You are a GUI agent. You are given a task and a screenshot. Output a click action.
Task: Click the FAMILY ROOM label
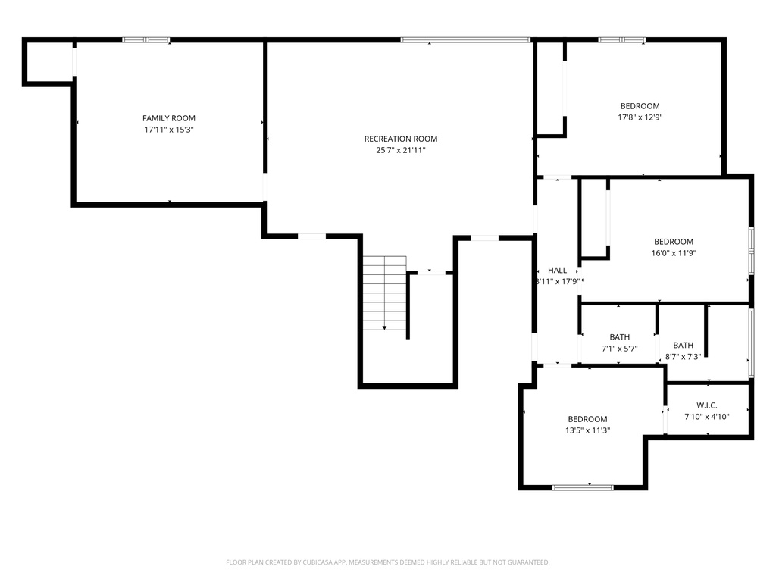169,118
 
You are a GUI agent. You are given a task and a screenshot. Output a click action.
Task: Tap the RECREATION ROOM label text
401,139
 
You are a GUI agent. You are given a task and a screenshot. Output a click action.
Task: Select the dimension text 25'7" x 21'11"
401,151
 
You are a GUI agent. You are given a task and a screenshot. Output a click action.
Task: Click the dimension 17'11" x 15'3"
169,130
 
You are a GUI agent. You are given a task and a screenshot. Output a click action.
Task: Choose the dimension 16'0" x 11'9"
674,253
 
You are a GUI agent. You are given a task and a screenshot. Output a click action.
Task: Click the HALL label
557,271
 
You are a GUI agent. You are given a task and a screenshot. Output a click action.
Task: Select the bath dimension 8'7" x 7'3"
683,357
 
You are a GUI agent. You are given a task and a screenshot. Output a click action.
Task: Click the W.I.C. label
707,405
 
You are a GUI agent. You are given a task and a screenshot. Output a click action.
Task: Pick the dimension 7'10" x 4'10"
707,417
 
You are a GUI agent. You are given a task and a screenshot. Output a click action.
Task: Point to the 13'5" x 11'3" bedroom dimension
587,430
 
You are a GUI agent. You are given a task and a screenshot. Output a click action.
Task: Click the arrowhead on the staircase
384,327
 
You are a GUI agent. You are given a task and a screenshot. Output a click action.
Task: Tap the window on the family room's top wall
146,40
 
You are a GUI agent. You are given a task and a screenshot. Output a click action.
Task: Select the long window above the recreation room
466,40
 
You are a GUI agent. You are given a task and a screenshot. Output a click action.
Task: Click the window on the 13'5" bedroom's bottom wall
583,487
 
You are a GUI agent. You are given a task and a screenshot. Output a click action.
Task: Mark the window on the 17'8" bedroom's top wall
622,40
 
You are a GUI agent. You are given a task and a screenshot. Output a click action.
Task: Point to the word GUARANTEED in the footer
529,562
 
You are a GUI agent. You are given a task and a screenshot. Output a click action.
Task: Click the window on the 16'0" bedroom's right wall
751,250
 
